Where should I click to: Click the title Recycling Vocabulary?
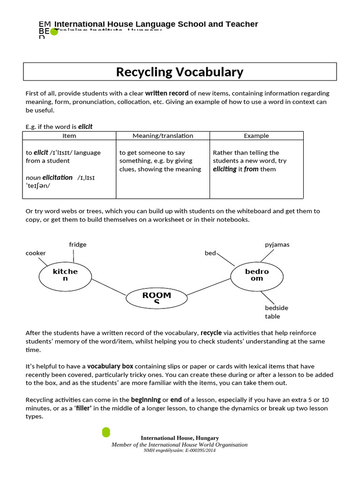(180, 72)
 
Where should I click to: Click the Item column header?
(69, 136)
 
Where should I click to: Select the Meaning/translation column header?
(163, 136)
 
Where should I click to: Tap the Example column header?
(256, 136)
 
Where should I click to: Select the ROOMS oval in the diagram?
(157, 297)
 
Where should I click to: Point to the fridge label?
(78, 245)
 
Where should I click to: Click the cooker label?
(36, 253)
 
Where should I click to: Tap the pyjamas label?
(277, 245)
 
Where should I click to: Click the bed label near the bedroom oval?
(210, 253)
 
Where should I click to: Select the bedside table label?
(277, 312)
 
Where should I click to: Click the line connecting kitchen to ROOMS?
(109, 287)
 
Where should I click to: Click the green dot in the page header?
(54, 32)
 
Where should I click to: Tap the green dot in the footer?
(106, 432)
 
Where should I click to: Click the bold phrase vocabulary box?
(110, 366)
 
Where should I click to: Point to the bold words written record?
(167, 93)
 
